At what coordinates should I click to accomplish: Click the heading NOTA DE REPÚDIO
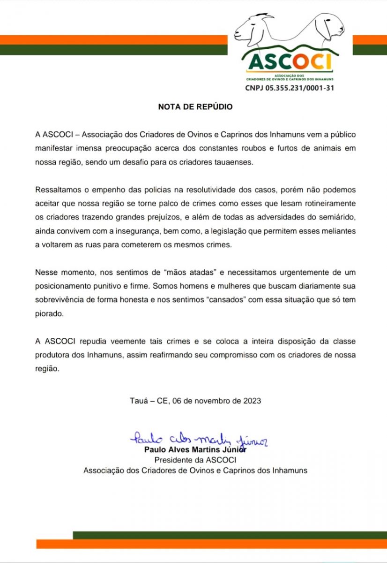(x=195, y=107)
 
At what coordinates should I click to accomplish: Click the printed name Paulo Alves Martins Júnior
(x=195, y=449)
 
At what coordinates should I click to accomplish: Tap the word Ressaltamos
(x=57, y=190)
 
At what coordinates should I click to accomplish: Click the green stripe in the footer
(x=230, y=535)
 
